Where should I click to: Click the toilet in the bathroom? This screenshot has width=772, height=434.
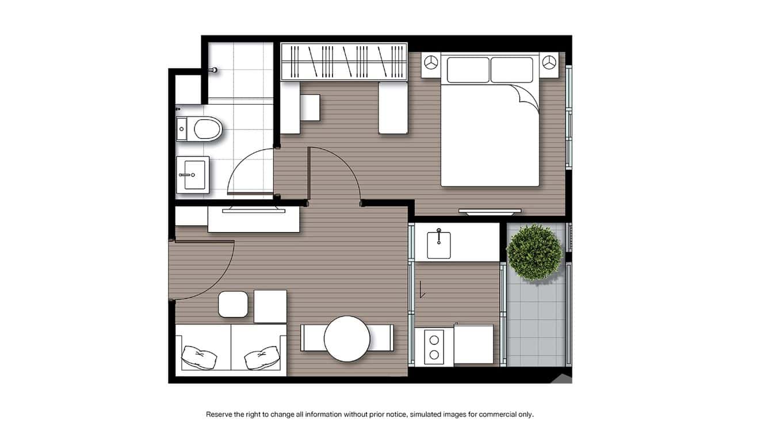pyautogui.click(x=205, y=128)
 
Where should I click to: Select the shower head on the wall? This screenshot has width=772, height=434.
pyautogui.click(x=213, y=70)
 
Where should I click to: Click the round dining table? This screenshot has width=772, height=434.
pyautogui.click(x=347, y=338)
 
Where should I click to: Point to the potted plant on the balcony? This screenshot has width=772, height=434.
pyautogui.click(x=534, y=252)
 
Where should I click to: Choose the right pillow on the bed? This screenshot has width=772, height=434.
pyautogui.click(x=512, y=70)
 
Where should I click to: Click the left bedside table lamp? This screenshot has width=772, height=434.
pyautogui.click(x=431, y=62)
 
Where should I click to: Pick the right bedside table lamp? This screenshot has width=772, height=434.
pyautogui.click(x=550, y=62)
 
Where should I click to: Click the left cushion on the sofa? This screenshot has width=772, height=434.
pyautogui.click(x=198, y=357)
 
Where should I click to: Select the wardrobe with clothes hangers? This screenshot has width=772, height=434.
pyautogui.click(x=344, y=62)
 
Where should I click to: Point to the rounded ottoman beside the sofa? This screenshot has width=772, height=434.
pyautogui.click(x=233, y=304)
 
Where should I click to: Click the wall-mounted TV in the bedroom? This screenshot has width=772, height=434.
pyautogui.click(x=490, y=211)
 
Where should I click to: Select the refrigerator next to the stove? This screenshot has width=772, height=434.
pyautogui.click(x=473, y=344)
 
